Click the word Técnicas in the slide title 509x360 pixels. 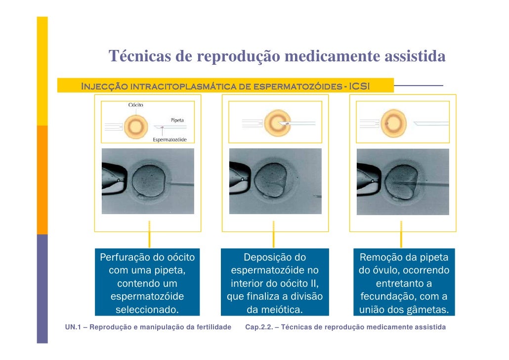coord(139,57)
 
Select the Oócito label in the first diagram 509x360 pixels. coord(136,105)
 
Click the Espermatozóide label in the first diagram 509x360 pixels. coord(170,139)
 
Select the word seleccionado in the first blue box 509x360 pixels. coord(147,311)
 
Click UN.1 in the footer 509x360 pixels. coord(73,327)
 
